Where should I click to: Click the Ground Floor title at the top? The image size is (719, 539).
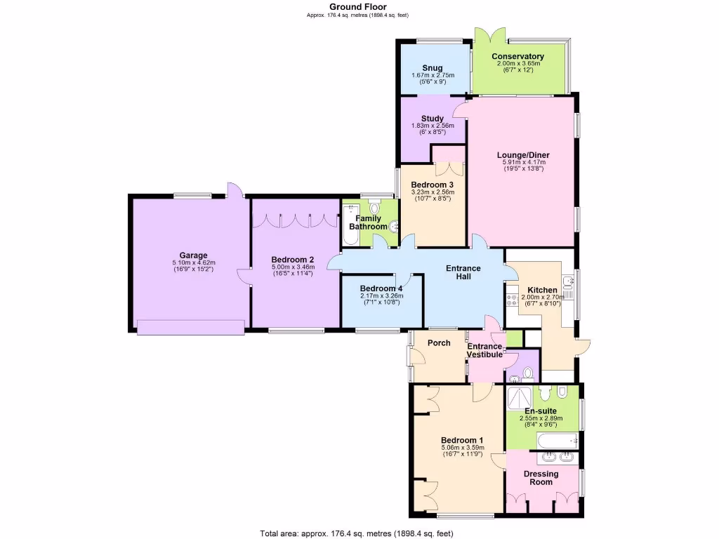click(x=358, y=7)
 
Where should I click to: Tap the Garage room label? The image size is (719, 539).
click(x=192, y=255)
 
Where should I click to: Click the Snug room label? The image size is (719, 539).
click(x=433, y=68)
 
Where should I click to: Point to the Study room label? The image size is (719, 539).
click(x=433, y=119)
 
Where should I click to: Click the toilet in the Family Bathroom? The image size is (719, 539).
click(x=374, y=208)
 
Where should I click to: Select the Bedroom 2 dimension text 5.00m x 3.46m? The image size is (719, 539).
click(x=293, y=267)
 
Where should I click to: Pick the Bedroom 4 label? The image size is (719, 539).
click(x=381, y=288)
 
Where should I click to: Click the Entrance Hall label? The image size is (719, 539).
click(x=463, y=272)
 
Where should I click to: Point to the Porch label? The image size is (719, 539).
click(x=439, y=343)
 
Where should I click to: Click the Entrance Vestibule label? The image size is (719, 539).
click(x=485, y=350)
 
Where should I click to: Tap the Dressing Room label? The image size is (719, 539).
click(x=541, y=478)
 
